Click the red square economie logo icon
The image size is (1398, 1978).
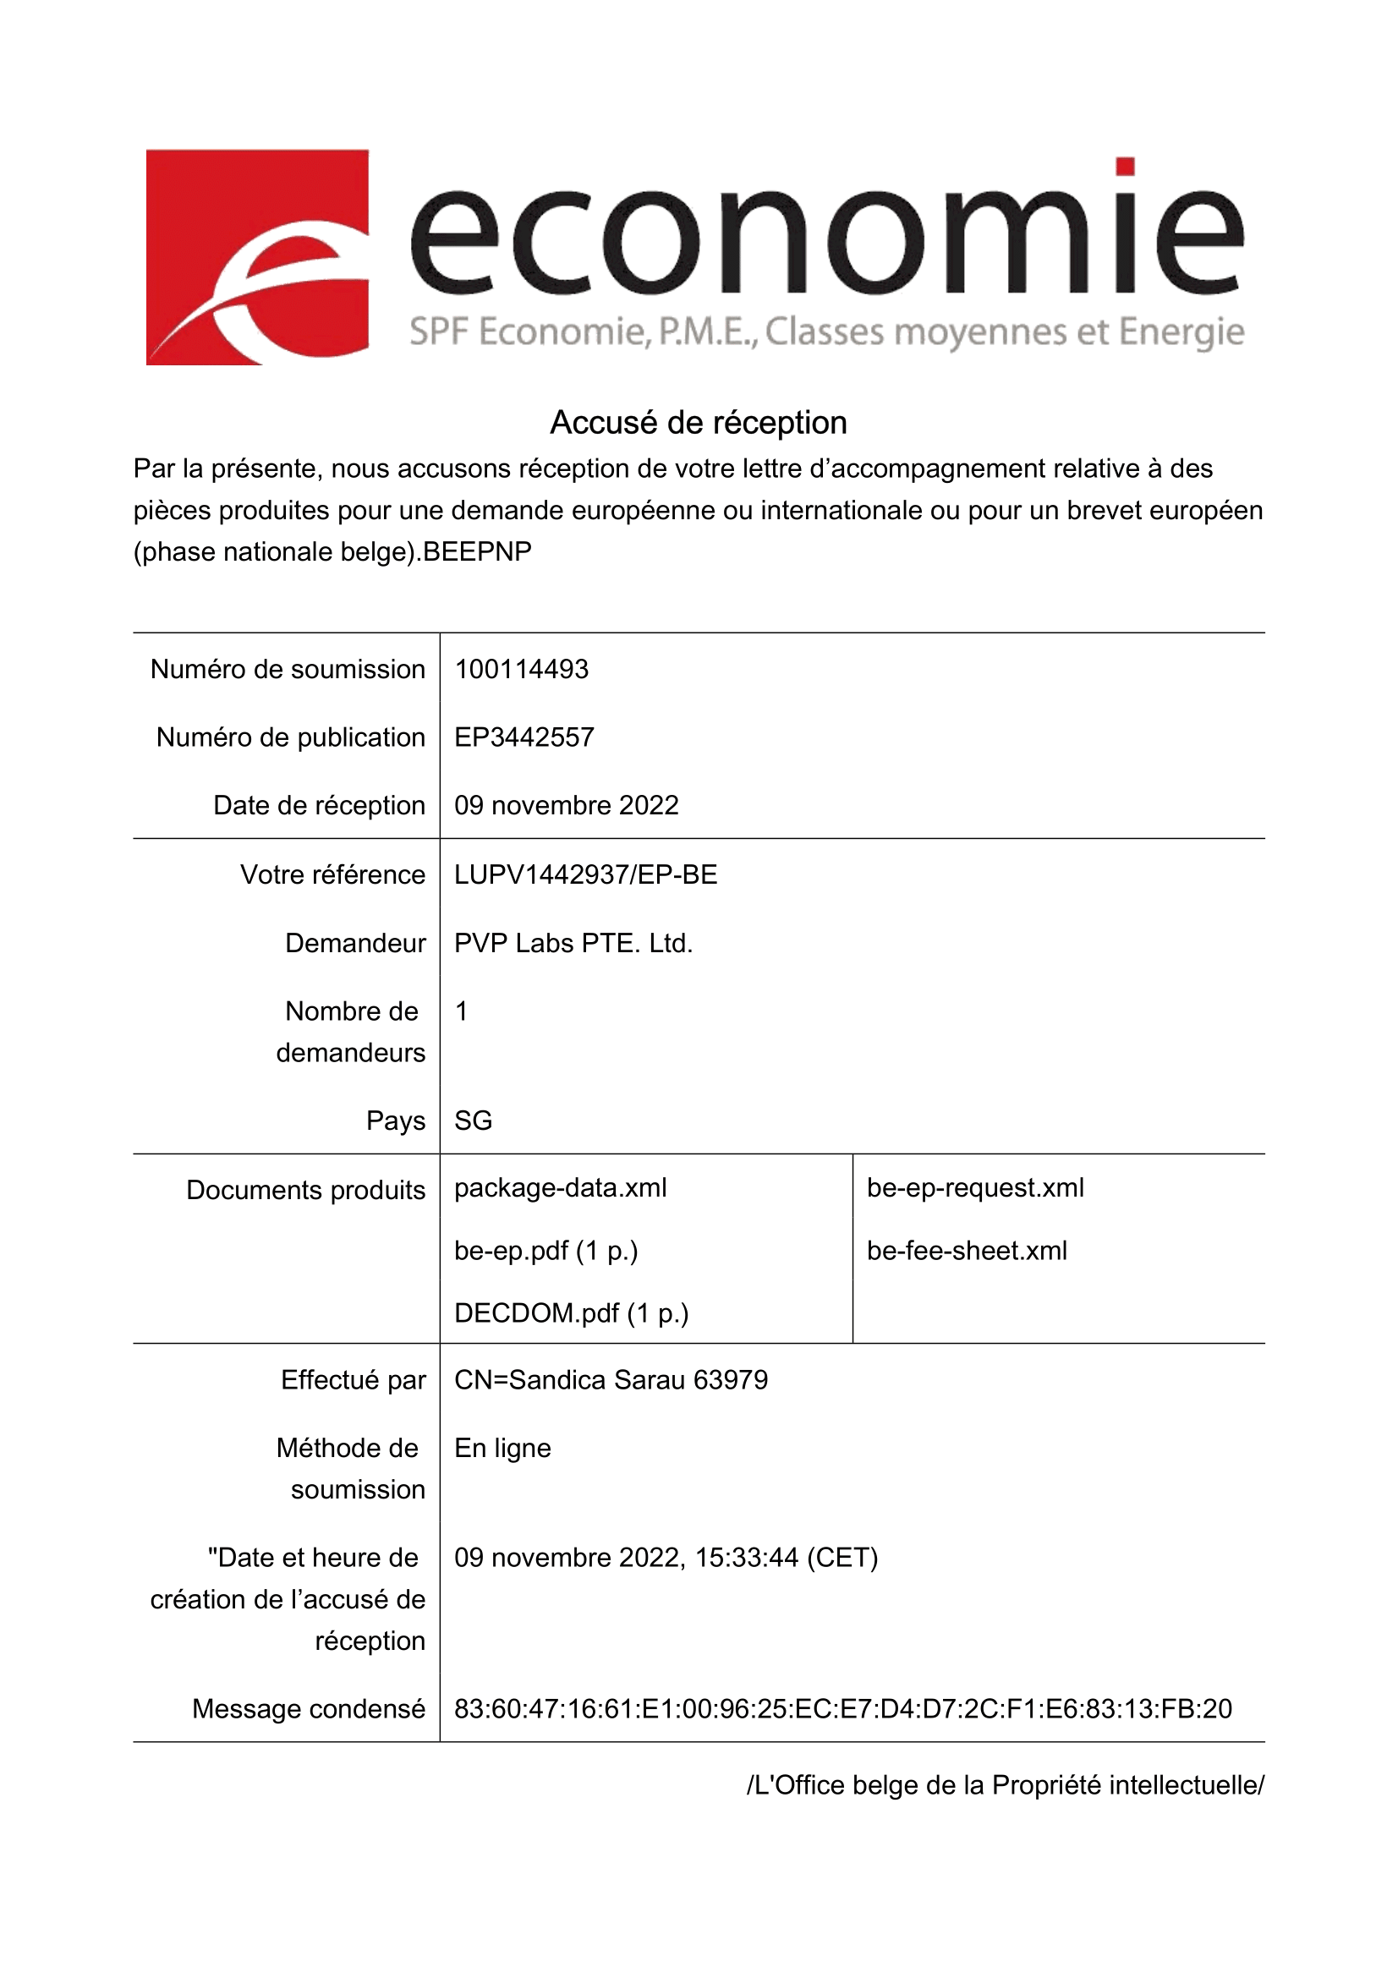[257, 257]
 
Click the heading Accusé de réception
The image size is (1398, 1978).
[698, 423]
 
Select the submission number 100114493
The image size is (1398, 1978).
[521, 670]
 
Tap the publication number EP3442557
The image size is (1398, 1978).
[524, 737]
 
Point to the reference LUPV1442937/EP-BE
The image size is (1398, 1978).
[586, 874]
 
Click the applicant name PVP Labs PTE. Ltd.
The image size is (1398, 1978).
[573, 944]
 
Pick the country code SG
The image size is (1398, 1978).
[473, 1121]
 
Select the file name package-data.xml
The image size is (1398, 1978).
[560, 1188]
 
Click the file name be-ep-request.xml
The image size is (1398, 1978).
[975, 1188]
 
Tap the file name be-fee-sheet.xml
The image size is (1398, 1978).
[967, 1251]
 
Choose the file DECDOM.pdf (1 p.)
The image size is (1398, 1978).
[571, 1313]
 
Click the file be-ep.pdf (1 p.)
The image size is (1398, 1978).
[546, 1251]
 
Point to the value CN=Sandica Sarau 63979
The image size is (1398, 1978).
[611, 1380]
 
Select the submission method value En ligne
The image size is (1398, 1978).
[502, 1448]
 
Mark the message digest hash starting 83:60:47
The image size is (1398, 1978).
[842, 1708]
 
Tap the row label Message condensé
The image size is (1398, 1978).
[309, 1708]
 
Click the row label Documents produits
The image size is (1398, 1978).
[306, 1190]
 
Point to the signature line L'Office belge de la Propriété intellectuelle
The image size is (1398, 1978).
[1006, 1785]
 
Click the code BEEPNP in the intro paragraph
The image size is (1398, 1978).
[477, 551]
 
